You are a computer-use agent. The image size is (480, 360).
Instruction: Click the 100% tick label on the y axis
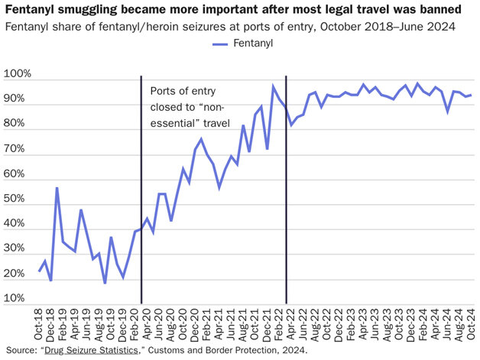[x=18, y=75]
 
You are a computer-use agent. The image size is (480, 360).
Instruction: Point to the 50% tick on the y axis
[x=18, y=199]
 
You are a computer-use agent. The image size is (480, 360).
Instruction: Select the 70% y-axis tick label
[x=18, y=149]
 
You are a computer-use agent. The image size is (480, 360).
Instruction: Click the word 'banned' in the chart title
[x=439, y=10]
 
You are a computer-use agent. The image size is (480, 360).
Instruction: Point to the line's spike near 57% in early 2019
[x=57, y=188]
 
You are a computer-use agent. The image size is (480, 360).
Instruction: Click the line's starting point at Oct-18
[x=40, y=271]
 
